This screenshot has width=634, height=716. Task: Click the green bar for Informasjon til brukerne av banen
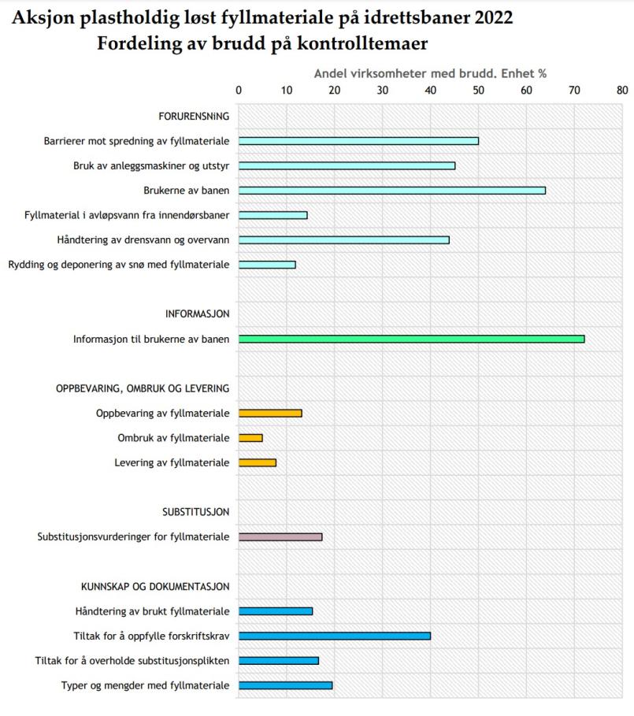click(411, 339)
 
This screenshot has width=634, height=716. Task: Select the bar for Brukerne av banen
click(391, 190)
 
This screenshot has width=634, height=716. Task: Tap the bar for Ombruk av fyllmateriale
click(250, 437)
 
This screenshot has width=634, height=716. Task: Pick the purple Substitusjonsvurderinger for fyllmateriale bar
click(280, 536)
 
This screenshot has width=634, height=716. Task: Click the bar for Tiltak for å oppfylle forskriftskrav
click(334, 636)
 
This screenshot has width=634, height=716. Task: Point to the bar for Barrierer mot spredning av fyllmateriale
click(358, 140)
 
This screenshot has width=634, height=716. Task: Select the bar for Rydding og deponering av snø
click(267, 264)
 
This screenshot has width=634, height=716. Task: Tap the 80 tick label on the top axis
click(622, 89)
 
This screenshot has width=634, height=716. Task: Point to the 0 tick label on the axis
click(239, 89)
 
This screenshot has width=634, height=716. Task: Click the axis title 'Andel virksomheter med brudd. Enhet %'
click(430, 73)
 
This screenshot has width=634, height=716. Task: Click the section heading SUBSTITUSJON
click(195, 512)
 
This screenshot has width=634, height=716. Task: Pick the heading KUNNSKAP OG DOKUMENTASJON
click(155, 586)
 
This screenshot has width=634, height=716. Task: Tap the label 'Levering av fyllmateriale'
click(172, 462)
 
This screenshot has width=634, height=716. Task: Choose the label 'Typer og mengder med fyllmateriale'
click(145, 685)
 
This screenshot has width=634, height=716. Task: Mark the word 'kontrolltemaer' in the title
click(369, 43)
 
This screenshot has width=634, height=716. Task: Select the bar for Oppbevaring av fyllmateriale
click(270, 413)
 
